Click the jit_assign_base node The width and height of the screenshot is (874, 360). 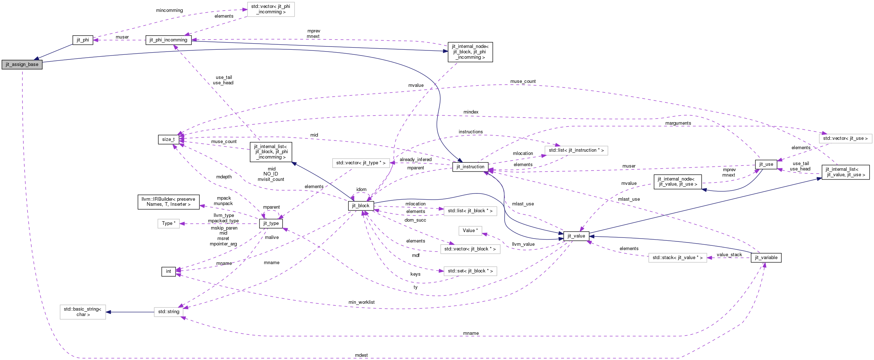[x=22, y=65]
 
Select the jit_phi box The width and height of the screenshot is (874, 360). [x=83, y=40]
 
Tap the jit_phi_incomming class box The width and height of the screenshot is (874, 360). [x=168, y=40]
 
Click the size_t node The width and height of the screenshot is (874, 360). [x=168, y=139]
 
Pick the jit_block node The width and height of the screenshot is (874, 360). [x=361, y=206]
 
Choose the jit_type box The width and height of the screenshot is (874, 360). [x=271, y=223]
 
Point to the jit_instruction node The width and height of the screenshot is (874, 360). [x=470, y=167]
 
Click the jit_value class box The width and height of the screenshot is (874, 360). [x=576, y=236]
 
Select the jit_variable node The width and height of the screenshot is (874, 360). [x=766, y=258]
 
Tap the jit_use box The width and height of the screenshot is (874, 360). [x=766, y=164]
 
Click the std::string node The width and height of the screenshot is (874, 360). [x=169, y=312]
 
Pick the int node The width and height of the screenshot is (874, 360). [x=169, y=271]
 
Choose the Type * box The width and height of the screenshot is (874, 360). [x=169, y=223]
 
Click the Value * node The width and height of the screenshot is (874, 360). [x=470, y=231]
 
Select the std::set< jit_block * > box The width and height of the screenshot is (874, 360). [x=470, y=271]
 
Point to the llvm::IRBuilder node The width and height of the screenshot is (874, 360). [x=168, y=202]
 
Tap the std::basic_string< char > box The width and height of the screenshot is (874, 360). [x=83, y=312]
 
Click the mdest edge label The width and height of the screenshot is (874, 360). [x=361, y=355]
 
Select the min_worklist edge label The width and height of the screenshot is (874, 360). [x=361, y=302]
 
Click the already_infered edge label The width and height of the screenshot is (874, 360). [x=416, y=160]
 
